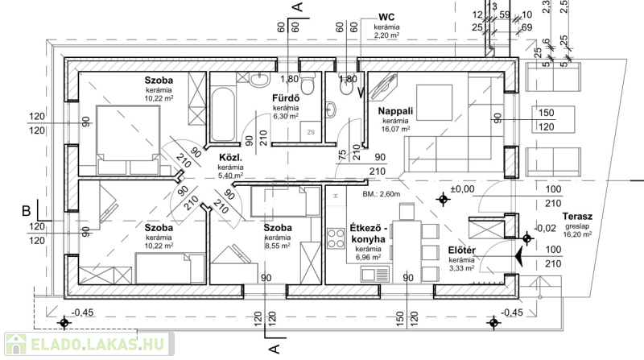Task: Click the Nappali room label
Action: tap(395, 111)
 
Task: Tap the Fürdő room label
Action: tap(286, 98)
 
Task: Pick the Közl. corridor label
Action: tap(230, 158)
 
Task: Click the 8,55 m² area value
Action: tap(277, 248)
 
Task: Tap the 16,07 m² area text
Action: tap(395, 129)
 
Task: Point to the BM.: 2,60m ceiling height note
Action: tap(381, 194)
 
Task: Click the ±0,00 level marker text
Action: tap(464, 188)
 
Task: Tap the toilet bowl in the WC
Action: tap(332, 108)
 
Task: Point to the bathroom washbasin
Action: tap(259, 80)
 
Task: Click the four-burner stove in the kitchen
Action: tap(334, 241)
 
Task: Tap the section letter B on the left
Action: tap(26, 210)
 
